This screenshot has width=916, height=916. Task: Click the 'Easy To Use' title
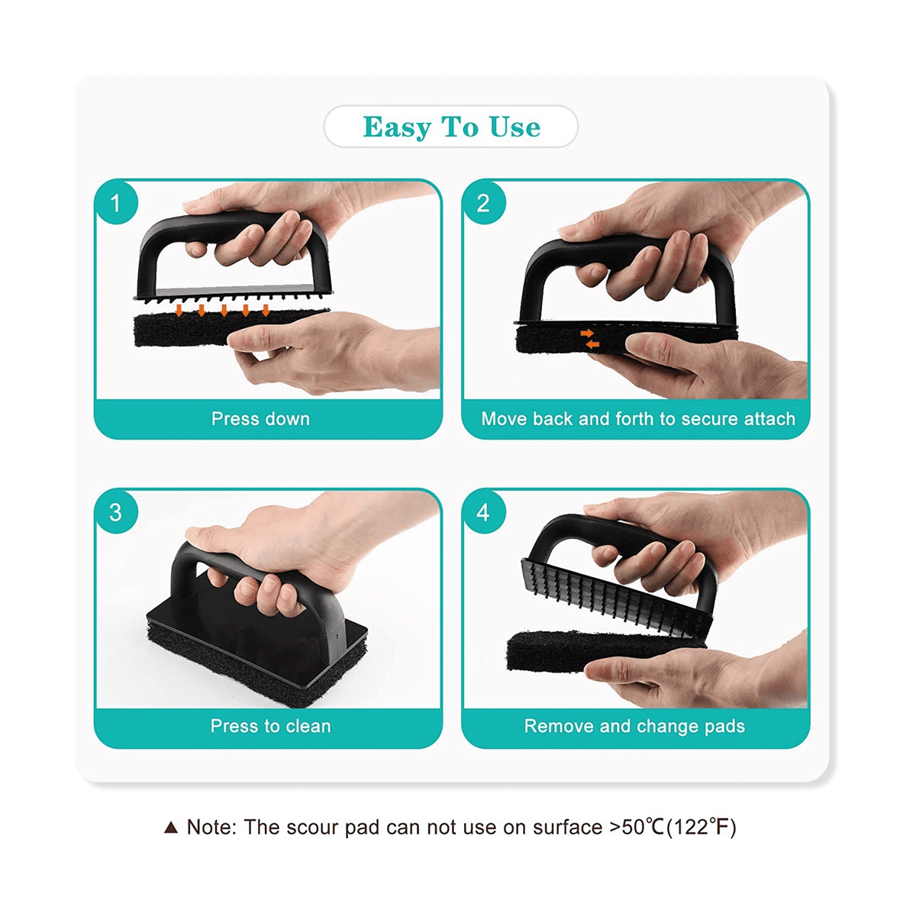click(451, 127)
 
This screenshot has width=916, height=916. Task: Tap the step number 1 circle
click(116, 203)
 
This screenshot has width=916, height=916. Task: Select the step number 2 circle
click(483, 203)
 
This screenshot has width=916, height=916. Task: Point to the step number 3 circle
click(116, 512)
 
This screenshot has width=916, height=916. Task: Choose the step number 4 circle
click(483, 512)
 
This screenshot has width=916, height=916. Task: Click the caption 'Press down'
click(260, 419)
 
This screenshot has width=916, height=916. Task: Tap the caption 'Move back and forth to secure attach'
click(637, 419)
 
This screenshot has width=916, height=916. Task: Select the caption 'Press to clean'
click(270, 727)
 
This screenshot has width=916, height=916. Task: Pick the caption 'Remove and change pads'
click(634, 727)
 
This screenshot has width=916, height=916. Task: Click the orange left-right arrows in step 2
click(589, 339)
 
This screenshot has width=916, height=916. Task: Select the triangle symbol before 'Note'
click(171, 827)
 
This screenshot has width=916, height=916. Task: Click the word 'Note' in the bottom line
click(210, 827)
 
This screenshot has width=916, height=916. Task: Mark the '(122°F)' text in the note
click(702, 827)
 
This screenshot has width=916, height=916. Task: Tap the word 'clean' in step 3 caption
click(308, 727)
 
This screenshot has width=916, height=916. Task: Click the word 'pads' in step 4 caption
click(724, 727)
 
